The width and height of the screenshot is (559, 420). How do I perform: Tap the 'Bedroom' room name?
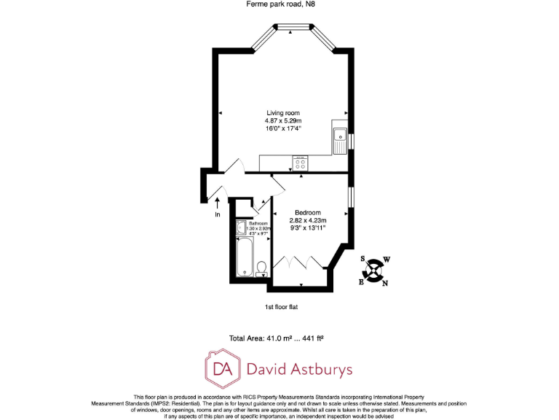(308, 212)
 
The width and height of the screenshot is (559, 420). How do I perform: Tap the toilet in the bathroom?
(261, 268)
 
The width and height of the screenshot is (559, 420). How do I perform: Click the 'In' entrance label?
(217, 215)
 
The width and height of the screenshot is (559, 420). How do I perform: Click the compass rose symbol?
(374, 271)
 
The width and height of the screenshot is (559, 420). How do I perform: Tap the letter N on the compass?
(385, 284)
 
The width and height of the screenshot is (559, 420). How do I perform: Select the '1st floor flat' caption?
(281, 307)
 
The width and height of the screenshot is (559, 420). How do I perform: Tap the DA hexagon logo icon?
(223, 369)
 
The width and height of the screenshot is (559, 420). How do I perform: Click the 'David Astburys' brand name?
(301, 370)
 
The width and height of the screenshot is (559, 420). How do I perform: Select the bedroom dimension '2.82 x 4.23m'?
(308, 220)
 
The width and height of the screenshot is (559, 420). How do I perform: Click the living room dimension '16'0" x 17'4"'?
(283, 128)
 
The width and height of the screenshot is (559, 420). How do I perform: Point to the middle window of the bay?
(293, 28)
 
